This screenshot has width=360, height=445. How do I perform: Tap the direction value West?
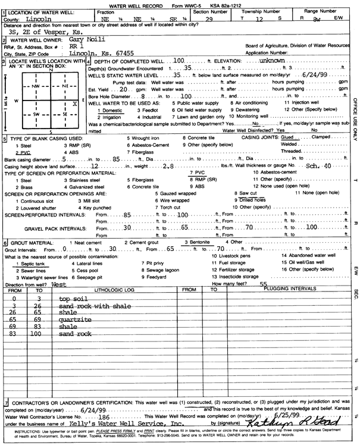tap(59, 285)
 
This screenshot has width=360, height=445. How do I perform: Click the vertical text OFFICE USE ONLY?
tap(355, 119)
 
